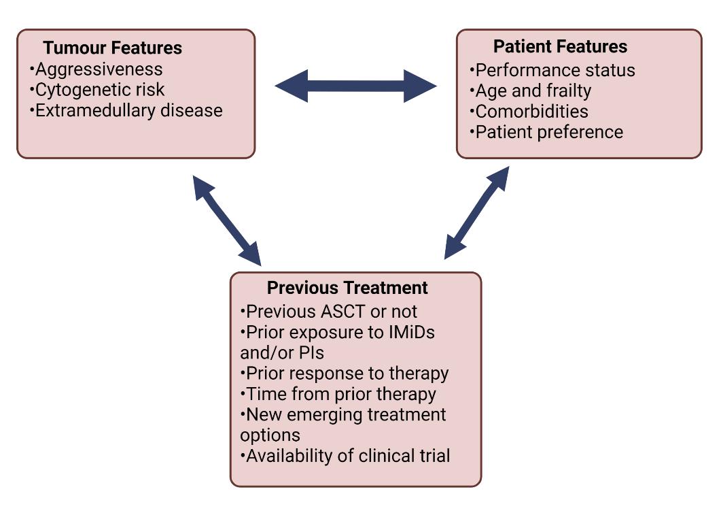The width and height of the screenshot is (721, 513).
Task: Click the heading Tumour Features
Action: (x=112, y=48)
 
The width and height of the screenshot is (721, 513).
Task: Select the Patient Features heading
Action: (x=560, y=46)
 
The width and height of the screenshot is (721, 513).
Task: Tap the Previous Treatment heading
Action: (x=347, y=288)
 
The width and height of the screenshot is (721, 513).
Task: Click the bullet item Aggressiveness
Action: (x=96, y=69)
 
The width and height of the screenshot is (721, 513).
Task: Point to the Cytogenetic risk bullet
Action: (x=97, y=90)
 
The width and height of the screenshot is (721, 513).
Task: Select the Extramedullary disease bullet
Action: (x=126, y=110)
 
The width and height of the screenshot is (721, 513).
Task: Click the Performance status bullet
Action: (x=552, y=71)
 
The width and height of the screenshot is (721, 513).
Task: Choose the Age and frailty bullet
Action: (x=530, y=91)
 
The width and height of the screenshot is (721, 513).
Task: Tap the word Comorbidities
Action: (x=531, y=112)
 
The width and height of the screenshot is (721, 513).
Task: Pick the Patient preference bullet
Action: (x=546, y=132)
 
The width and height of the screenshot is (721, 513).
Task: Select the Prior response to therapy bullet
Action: (x=345, y=374)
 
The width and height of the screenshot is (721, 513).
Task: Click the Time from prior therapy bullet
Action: (x=338, y=395)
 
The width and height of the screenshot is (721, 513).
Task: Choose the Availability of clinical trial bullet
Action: (x=345, y=456)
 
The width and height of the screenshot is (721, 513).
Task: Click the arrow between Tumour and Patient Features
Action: (x=355, y=86)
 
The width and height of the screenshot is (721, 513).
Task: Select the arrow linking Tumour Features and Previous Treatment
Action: (x=227, y=220)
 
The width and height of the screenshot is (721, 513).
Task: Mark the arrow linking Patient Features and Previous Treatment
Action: (x=477, y=213)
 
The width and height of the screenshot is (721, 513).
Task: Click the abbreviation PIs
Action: (x=311, y=353)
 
